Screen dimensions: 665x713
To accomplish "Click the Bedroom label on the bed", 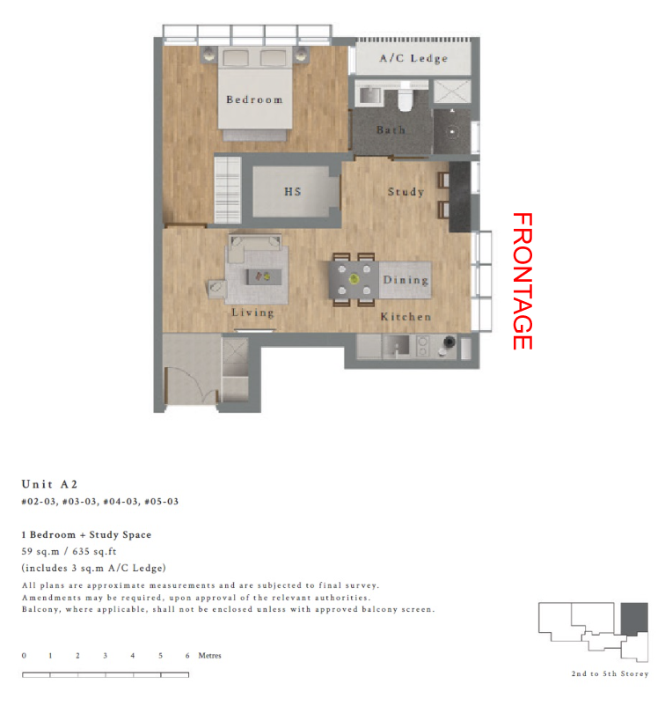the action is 254,99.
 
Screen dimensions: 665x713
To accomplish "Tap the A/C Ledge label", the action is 413,58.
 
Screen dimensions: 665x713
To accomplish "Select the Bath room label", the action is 391,130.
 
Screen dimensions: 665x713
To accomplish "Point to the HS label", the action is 293,191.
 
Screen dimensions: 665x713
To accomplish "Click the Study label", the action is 406,192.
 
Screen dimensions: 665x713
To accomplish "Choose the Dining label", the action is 406,280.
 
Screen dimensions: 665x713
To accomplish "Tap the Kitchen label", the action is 406,317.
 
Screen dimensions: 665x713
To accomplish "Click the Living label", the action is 252,312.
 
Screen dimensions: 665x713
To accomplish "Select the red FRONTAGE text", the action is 522,281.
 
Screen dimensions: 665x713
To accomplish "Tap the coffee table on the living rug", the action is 264,276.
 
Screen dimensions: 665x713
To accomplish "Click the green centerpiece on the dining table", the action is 354,279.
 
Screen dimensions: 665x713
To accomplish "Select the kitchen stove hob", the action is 423,347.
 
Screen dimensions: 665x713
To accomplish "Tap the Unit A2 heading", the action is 49,484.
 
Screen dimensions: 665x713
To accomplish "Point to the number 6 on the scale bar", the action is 187,656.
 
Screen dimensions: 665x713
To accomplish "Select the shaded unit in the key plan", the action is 634,620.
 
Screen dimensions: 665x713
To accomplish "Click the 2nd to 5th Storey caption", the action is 610,674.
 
